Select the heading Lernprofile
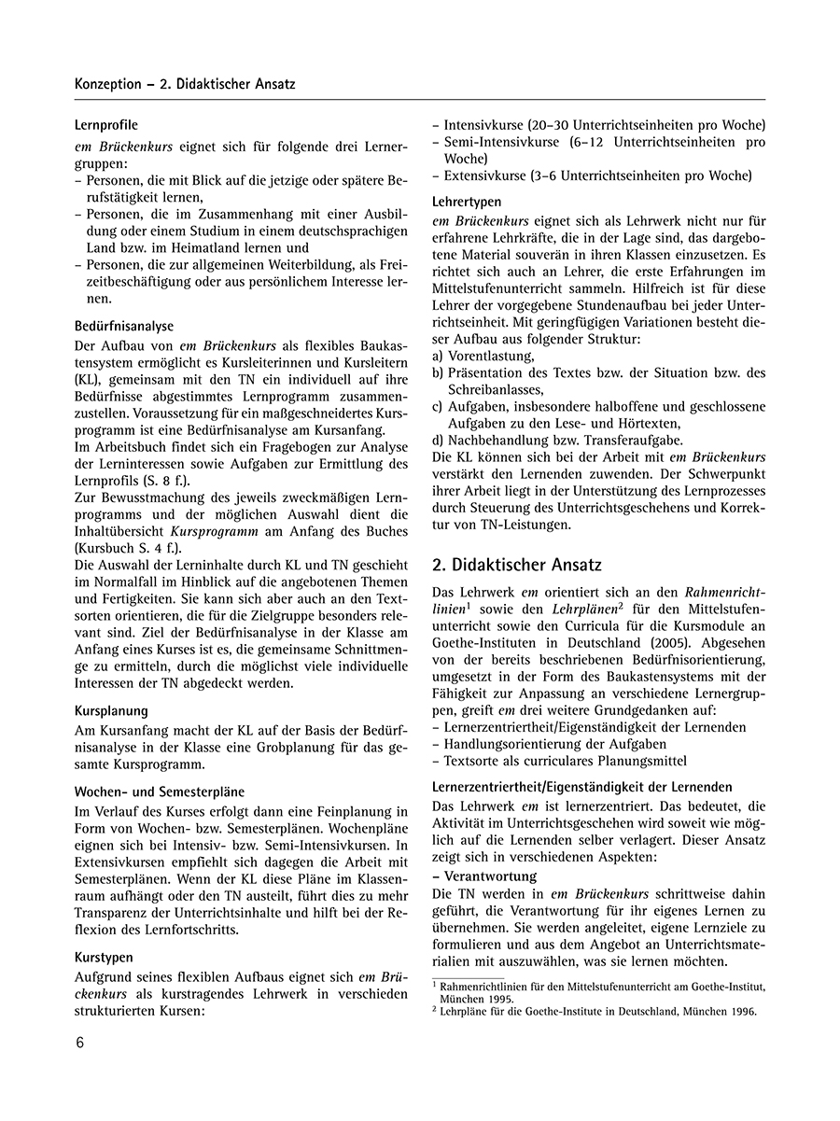point(106,124)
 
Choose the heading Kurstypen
point(104,957)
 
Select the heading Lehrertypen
point(467,202)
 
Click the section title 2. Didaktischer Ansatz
point(518,565)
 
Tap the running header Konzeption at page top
point(114,84)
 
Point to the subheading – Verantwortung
point(484,876)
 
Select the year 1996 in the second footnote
point(737,1011)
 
